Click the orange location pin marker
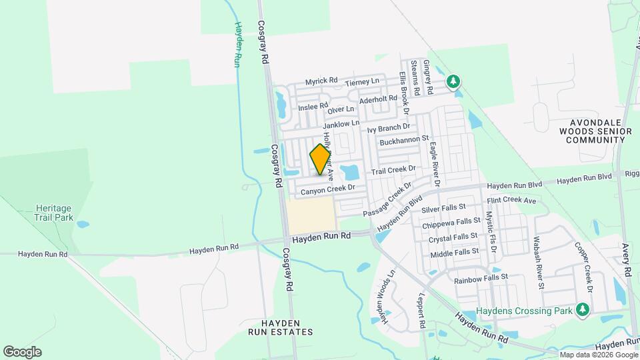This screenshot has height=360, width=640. click(x=320, y=159)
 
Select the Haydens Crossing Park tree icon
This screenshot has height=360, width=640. click(x=583, y=309)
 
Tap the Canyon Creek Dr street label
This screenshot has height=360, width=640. click(x=325, y=191)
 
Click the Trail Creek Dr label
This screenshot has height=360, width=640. click(x=394, y=171)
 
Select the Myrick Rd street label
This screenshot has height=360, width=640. click(x=321, y=81)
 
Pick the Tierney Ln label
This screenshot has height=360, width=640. click(x=363, y=81)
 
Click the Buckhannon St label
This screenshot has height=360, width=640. click(x=403, y=141)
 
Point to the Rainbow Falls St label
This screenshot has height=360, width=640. click(x=481, y=277)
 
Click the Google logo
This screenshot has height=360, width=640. click(x=22, y=352)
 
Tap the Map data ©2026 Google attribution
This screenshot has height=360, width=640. click(x=599, y=355)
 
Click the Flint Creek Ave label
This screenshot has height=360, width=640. click(x=511, y=200)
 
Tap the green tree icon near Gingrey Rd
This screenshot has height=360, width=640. click(x=453, y=81)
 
